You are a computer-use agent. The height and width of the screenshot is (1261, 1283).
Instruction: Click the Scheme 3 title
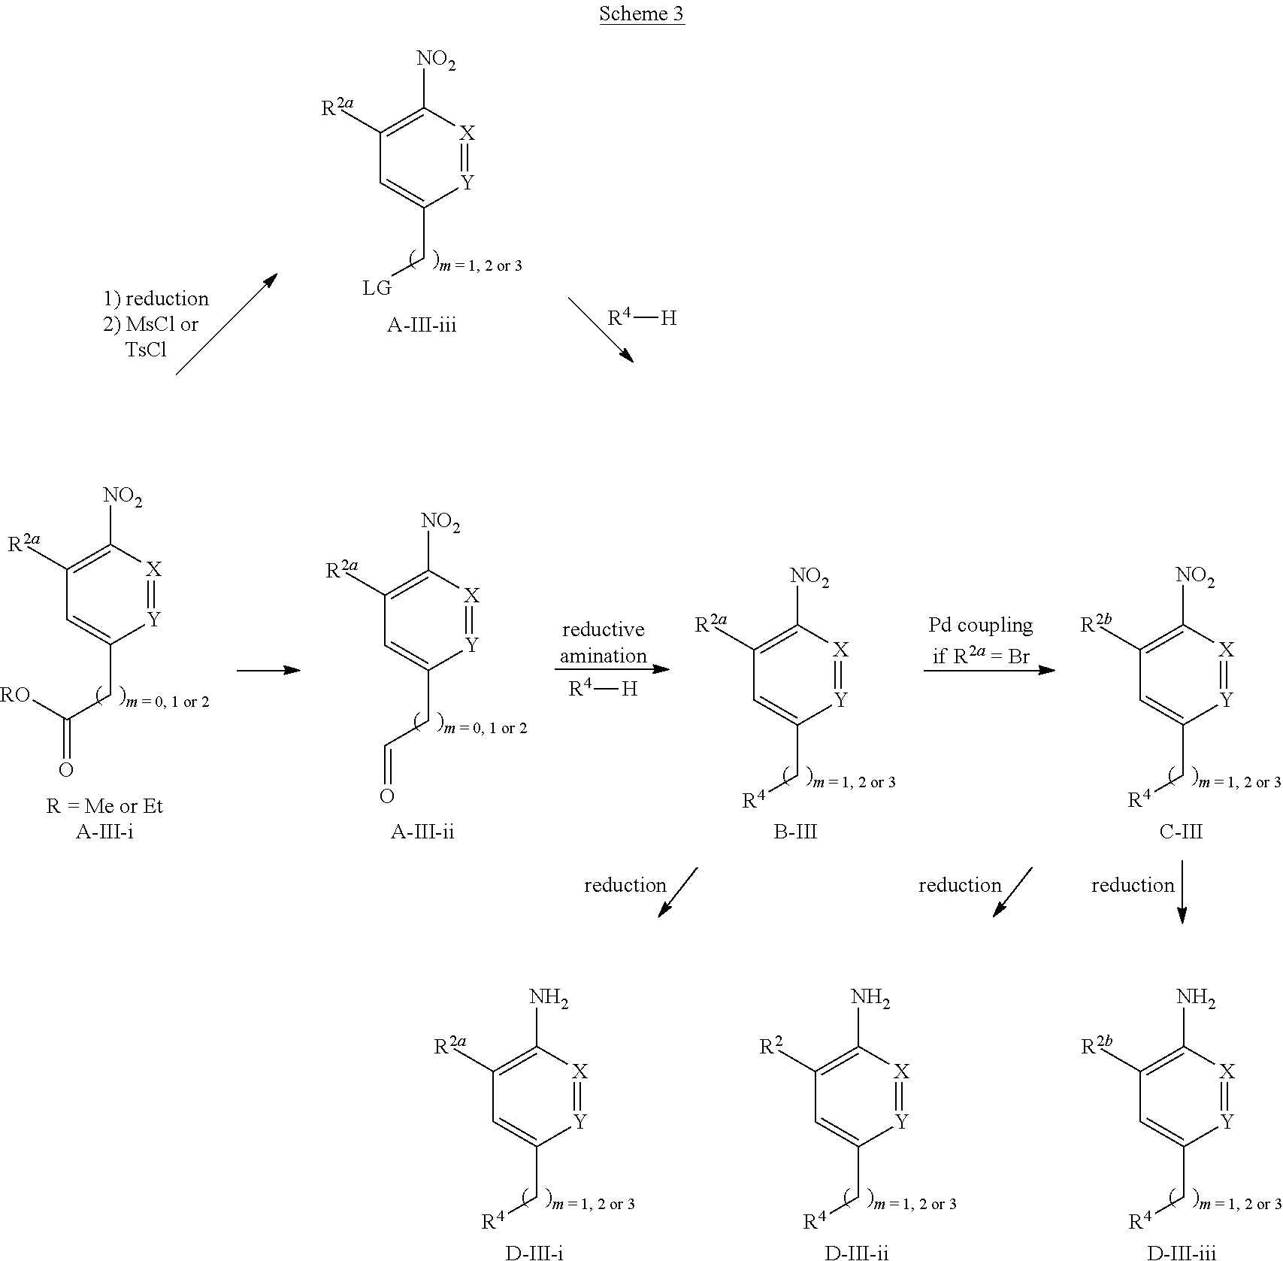[641, 14]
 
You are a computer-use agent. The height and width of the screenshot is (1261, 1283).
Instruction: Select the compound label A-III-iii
[422, 325]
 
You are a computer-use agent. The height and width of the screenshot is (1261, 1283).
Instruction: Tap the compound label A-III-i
[105, 832]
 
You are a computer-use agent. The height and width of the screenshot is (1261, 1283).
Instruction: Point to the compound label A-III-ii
[422, 832]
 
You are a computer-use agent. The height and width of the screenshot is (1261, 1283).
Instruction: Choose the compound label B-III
[795, 832]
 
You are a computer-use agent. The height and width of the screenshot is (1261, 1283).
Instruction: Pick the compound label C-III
[1182, 832]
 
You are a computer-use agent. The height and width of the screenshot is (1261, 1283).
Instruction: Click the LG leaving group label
[377, 288]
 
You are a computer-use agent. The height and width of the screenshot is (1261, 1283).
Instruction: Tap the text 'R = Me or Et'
[104, 806]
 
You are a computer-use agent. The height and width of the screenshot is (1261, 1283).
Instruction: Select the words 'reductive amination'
[603, 642]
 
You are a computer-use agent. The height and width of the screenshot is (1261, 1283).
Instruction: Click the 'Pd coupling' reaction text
[980, 625]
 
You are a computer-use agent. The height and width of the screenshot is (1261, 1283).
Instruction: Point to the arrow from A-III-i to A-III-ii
[268, 670]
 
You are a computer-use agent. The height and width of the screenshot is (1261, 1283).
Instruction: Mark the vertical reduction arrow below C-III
[1182, 892]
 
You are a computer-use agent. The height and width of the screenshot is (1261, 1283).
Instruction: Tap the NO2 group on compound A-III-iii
[437, 61]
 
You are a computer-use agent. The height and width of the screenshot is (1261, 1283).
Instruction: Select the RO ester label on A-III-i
[15, 694]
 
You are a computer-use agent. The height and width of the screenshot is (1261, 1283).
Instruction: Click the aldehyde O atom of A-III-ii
[386, 796]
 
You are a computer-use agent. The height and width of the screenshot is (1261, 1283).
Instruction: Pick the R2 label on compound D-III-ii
[770, 1046]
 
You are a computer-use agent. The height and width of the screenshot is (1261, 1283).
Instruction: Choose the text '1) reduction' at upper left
[156, 299]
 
